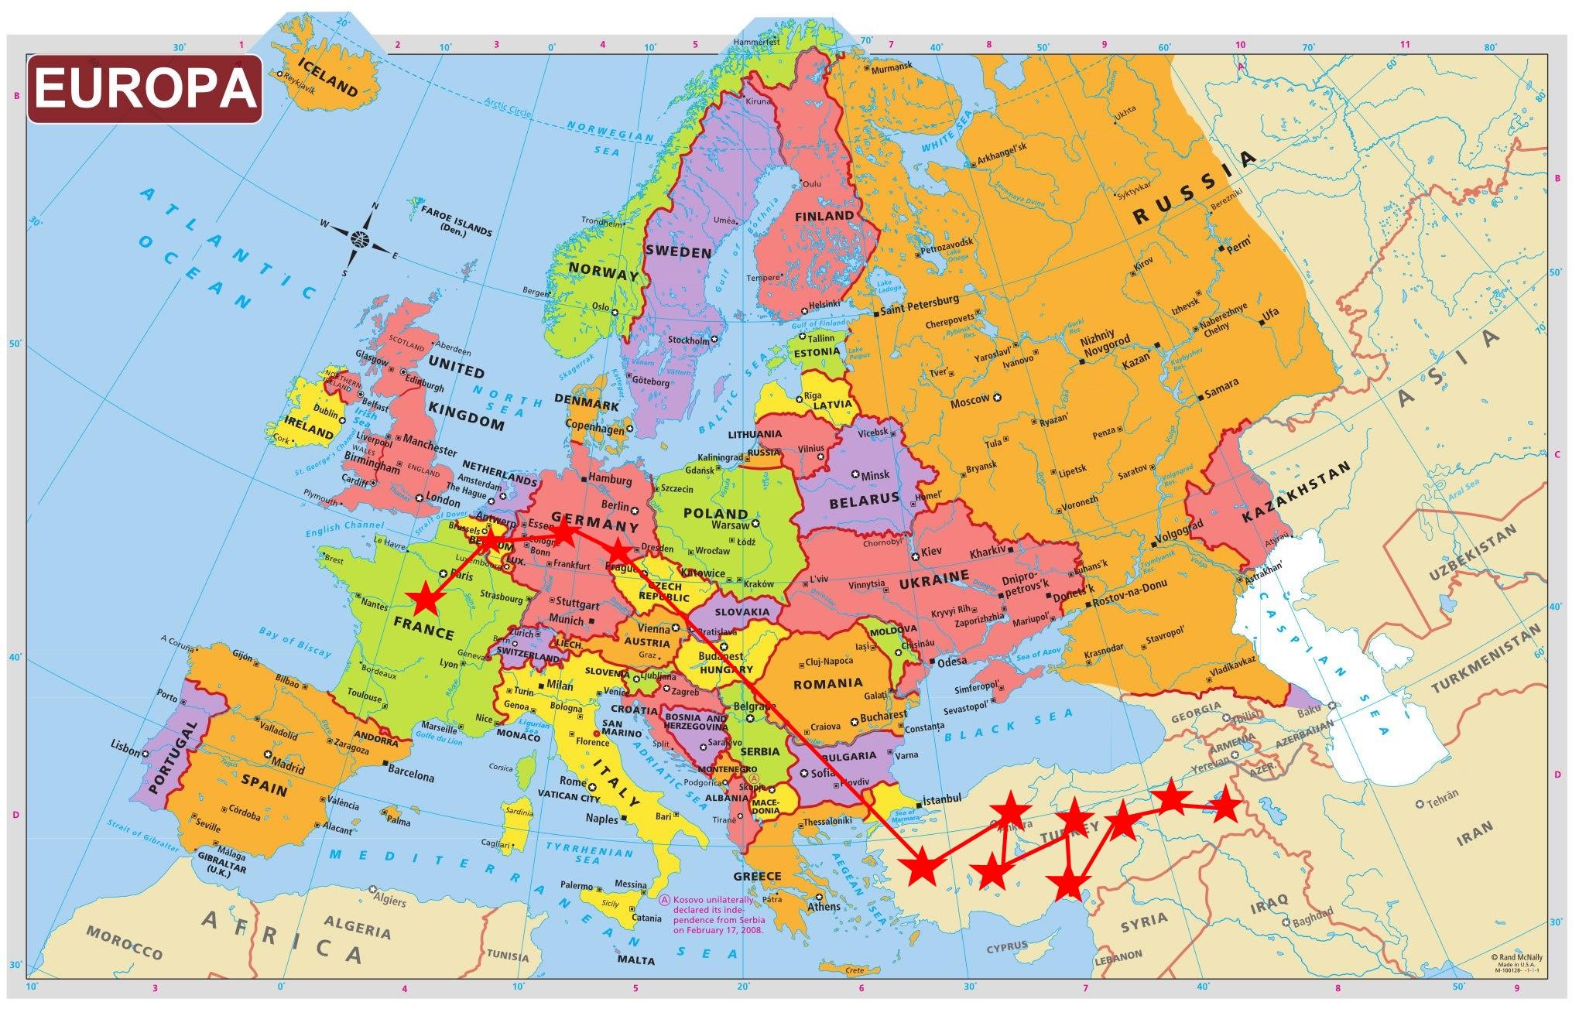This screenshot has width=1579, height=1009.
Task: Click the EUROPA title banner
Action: (145, 89)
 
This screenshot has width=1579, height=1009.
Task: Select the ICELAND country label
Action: (327, 77)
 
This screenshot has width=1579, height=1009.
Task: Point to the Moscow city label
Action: (970, 400)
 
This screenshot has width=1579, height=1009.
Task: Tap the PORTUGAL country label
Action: (168, 758)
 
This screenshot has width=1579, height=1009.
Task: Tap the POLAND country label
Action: (715, 513)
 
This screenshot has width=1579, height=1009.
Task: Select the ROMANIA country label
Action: (827, 683)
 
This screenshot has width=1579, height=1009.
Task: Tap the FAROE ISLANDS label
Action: (455, 219)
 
